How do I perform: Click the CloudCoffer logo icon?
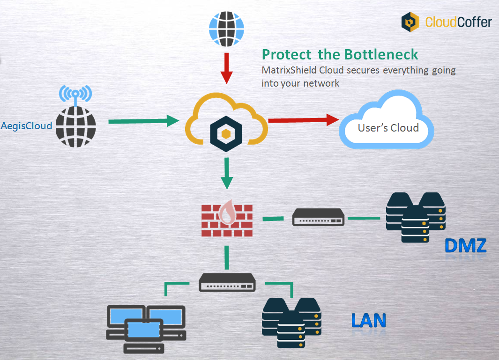click(x=410, y=22)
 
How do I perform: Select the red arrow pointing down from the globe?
click(x=227, y=67)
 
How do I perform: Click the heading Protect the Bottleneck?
click(x=340, y=54)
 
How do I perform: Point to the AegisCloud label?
click(x=26, y=125)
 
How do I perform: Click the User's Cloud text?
click(x=388, y=128)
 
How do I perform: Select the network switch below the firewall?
click(x=227, y=282)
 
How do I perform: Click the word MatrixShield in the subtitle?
click(x=286, y=71)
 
